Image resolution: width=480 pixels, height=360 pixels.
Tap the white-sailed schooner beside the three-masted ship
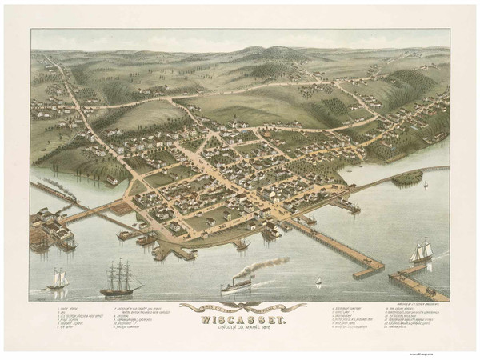(57, 279)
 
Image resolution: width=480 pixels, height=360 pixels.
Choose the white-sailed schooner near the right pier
(419, 251)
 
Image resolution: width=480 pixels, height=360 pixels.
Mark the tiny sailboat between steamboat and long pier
(318, 282)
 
